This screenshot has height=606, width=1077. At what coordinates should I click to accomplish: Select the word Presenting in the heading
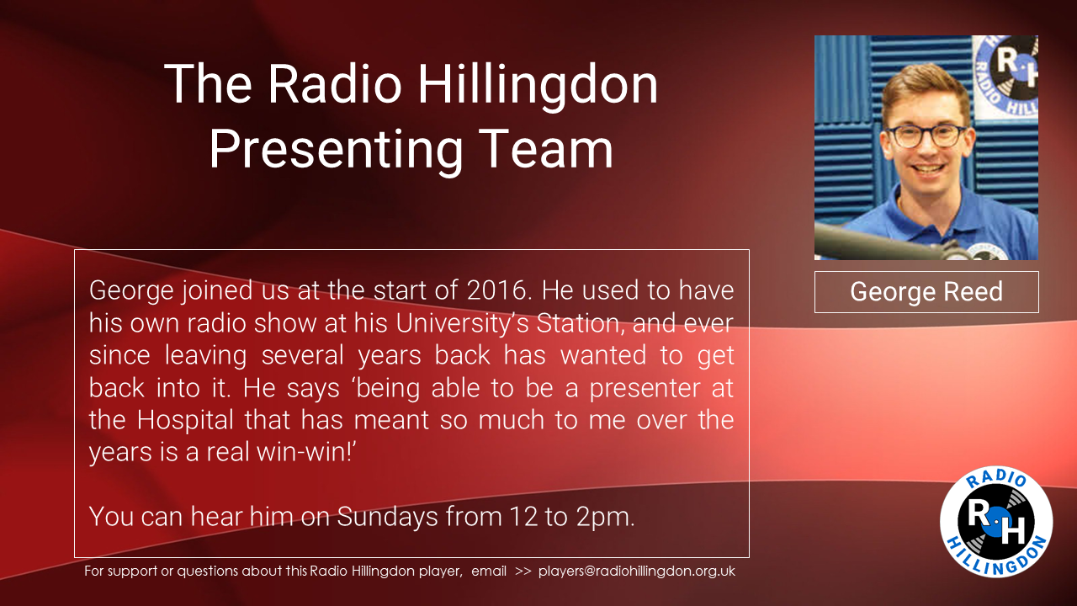pos(336,150)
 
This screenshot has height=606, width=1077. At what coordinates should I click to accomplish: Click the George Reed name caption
pos(926,291)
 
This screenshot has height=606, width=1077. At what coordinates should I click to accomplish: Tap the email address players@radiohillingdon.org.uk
pos(637,571)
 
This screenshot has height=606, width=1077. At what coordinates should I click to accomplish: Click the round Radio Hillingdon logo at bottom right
pos(996,521)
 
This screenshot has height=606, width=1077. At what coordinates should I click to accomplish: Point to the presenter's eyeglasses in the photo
pos(926,136)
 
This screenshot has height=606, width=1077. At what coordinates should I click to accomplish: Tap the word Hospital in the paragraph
pos(185,420)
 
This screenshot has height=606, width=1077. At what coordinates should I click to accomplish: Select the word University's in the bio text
pos(462,322)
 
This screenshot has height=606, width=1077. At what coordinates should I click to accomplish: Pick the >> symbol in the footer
pos(523,571)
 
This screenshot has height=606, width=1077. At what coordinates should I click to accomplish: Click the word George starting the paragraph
pos(131,291)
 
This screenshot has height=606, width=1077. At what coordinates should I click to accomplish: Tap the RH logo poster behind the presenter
pos(1005,77)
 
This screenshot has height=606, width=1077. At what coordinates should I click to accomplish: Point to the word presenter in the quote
pos(645,389)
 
